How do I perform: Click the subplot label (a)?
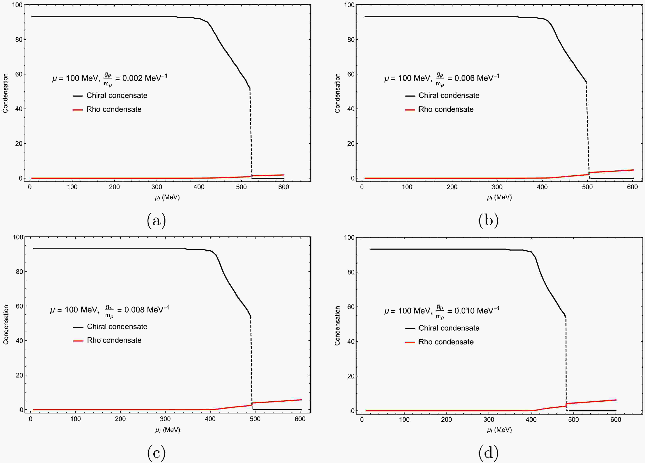[x=156, y=221]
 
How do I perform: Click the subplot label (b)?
[x=488, y=221]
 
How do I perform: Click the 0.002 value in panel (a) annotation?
[x=133, y=78]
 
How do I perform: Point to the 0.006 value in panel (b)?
[x=465, y=78]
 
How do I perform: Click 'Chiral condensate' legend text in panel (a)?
[x=117, y=96]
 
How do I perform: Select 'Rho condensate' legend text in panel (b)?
[x=446, y=109]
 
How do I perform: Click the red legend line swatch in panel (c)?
[x=78, y=341]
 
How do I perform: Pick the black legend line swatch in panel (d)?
[x=410, y=328]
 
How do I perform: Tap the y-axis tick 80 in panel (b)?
[x=351, y=40]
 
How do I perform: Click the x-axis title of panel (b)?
[x=499, y=197]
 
